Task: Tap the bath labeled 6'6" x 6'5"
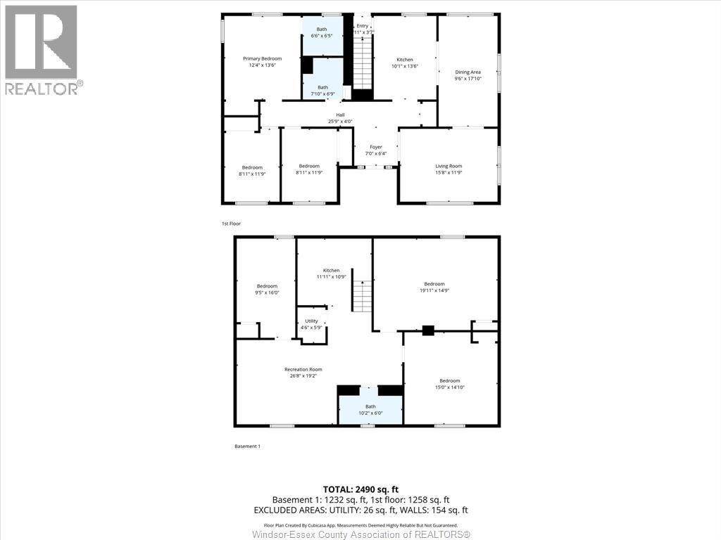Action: click(x=322, y=32)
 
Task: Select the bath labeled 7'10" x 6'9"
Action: click(x=322, y=90)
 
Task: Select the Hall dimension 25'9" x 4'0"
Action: click(x=340, y=122)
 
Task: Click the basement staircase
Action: click(x=362, y=295)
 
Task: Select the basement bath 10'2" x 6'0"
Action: click(x=370, y=410)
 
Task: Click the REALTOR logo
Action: click(x=42, y=49)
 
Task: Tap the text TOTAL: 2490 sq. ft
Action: click(x=360, y=489)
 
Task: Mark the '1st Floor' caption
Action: click(x=231, y=224)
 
